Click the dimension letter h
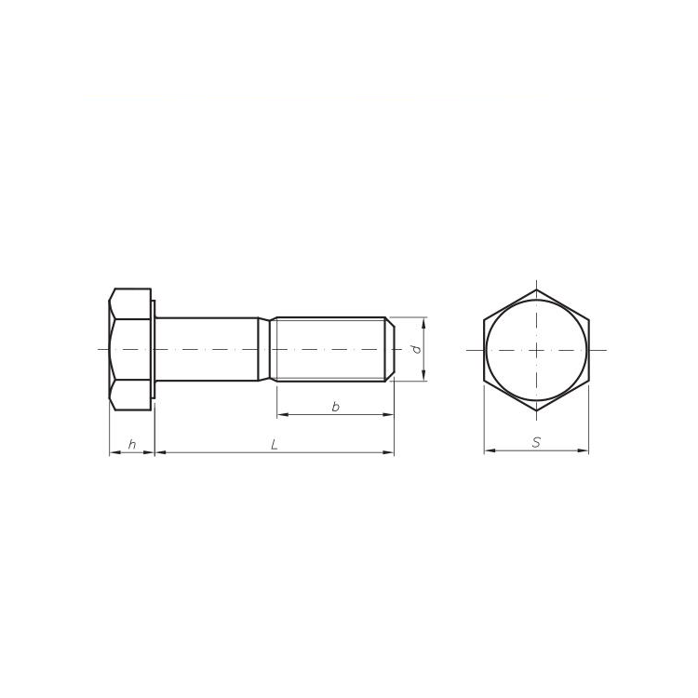click(x=132, y=445)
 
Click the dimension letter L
click(x=274, y=445)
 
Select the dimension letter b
click(x=334, y=407)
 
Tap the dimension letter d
click(x=417, y=349)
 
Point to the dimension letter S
click(x=536, y=444)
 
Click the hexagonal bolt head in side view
click(x=129, y=349)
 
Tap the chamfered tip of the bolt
click(x=391, y=349)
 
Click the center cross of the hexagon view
click(x=536, y=349)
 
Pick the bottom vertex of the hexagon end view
click(x=536, y=409)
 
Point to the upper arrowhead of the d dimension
click(x=424, y=322)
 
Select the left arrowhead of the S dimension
click(x=488, y=452)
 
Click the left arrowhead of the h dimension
click(x=114, y=453)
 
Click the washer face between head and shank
click(x=153, y=349)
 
